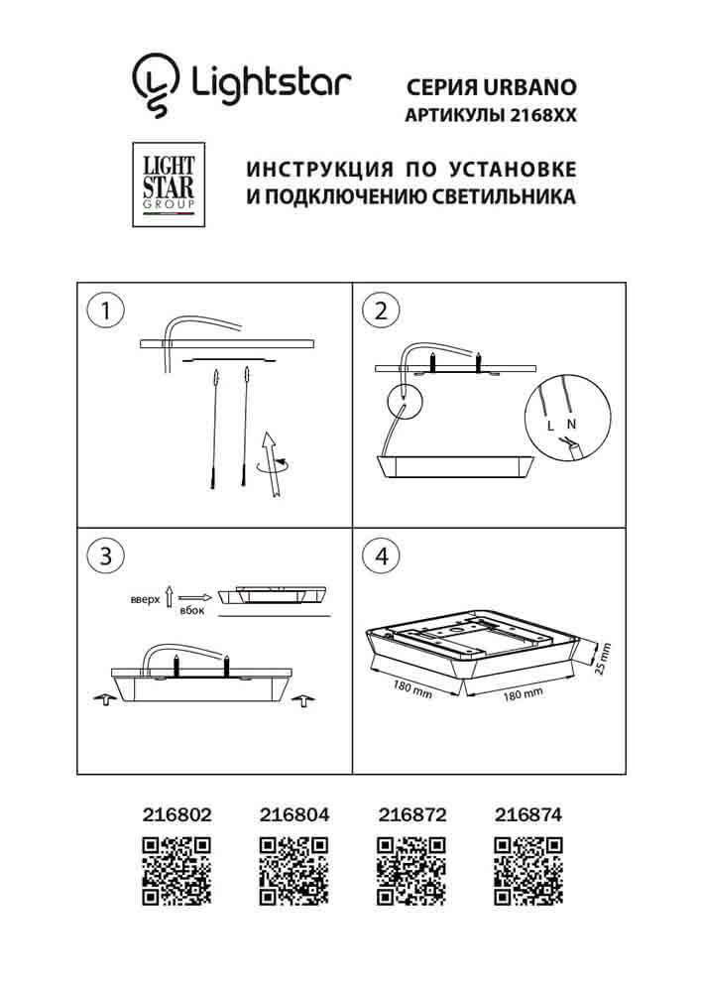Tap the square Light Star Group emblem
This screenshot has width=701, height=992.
click(x=164, y=185)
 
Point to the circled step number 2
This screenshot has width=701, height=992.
click(x=379, y=310)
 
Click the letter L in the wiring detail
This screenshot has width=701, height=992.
click(x=550, y=426)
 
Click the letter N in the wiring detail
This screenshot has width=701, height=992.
click(x=571, y=425)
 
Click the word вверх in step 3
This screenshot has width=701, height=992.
click(x=145, y=600)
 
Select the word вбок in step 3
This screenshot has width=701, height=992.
click(x=191, y=611)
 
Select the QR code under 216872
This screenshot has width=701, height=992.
click(x=412, y=870)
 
